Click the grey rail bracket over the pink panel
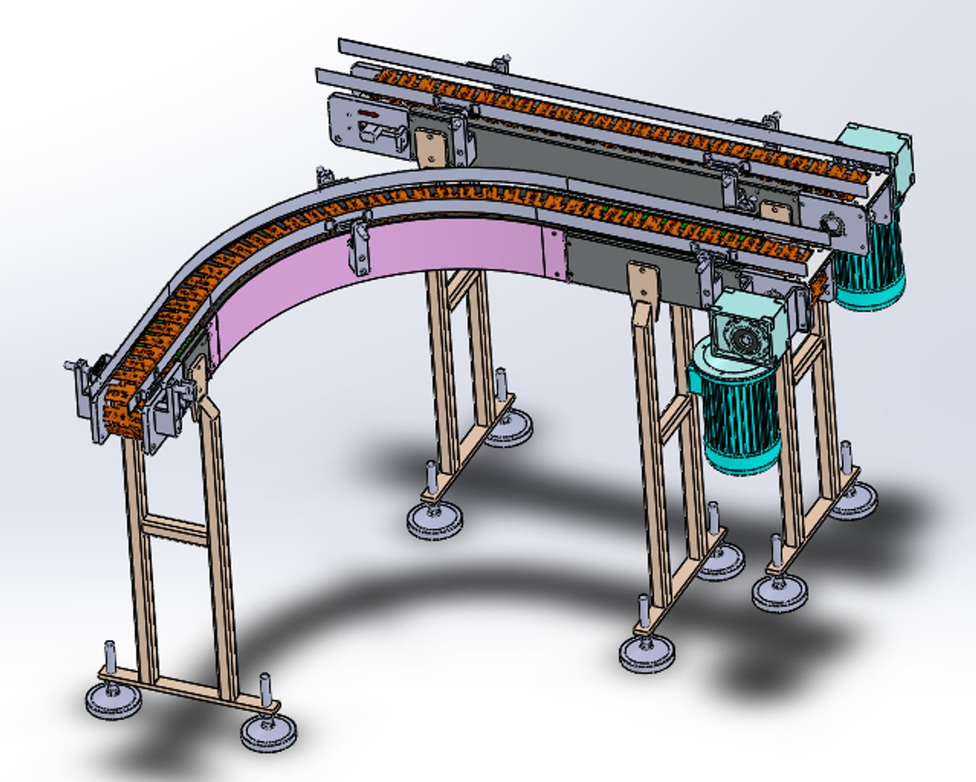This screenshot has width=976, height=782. click(x=359, y=246)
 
